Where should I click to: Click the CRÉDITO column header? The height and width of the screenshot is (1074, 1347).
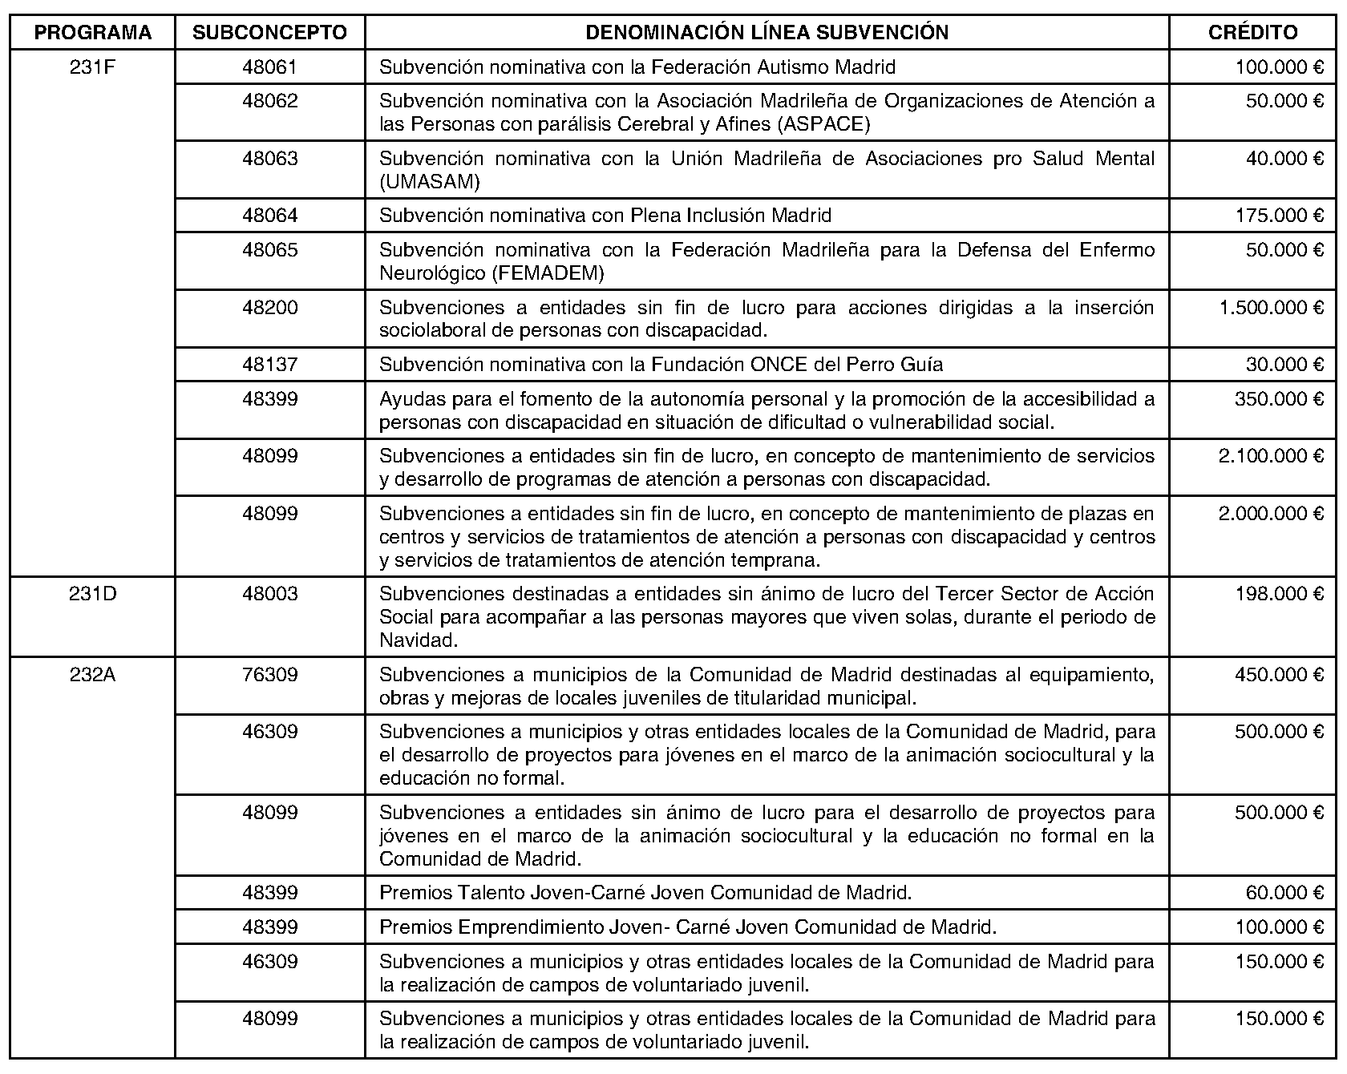click(x=1252, y=32)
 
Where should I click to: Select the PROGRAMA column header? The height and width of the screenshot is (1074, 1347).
click(x=93, y=32)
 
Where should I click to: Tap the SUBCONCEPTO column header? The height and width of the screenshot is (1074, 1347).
click(x=270, y=32)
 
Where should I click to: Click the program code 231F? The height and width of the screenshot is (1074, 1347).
click(x=93, y=67)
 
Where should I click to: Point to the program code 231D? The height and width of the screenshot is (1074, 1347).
click(x=93, y=594)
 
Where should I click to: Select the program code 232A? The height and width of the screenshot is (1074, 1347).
click(x=93, y=675)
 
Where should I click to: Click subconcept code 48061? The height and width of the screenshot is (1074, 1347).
click(x=270, y=67)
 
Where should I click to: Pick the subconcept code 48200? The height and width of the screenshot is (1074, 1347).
click(x=270, y=308)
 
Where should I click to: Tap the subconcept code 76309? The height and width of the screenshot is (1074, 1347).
click(x=270, y=675)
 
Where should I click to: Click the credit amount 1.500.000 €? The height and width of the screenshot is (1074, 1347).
click(x=1271, y=308)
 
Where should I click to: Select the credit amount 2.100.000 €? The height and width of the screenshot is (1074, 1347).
click(x=1271, y=456)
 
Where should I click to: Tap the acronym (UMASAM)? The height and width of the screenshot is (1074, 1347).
click(x=430, y=182)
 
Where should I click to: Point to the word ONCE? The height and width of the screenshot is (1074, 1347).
click(x=779, y=365)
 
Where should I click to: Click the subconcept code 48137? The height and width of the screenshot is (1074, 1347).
click(x=270, y=365)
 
